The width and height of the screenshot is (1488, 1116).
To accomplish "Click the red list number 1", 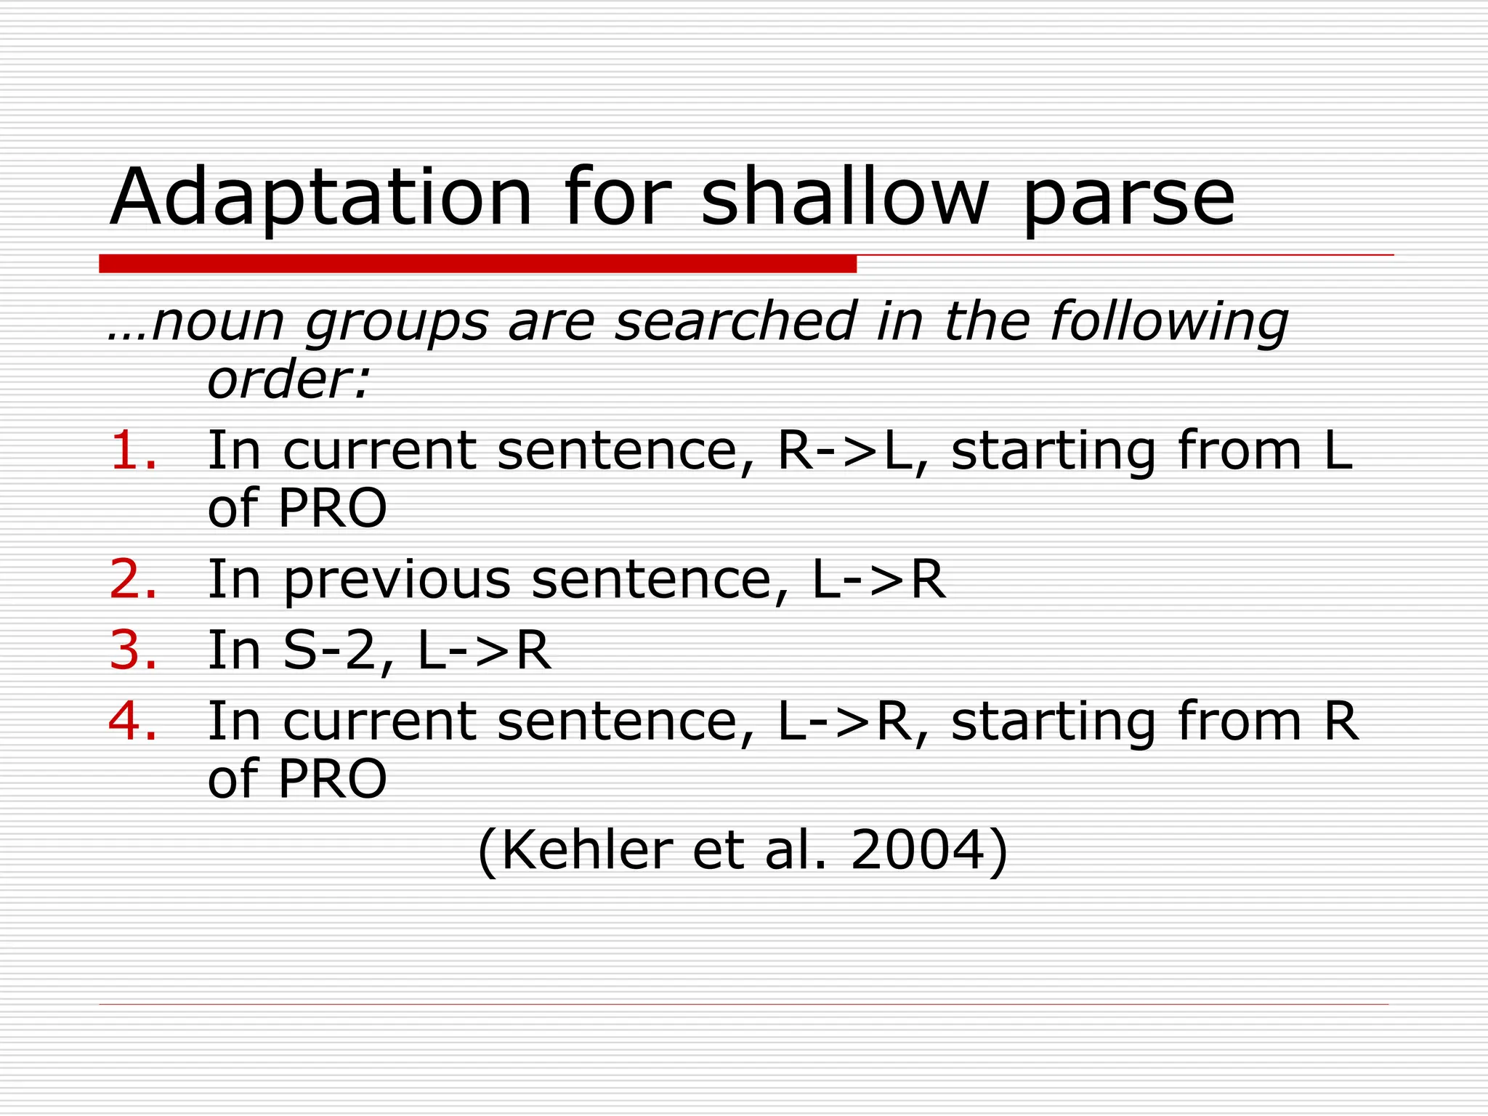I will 133,450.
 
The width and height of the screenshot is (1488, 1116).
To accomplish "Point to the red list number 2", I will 133,579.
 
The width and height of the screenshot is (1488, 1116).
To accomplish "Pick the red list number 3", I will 133,650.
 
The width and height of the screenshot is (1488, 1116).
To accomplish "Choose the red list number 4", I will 133,721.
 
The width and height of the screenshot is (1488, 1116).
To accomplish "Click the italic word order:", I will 289,379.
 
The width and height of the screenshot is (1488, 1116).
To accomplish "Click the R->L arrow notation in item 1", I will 844,450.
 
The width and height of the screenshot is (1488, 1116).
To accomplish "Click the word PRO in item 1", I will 332,508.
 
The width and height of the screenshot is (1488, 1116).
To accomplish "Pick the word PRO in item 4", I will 332,778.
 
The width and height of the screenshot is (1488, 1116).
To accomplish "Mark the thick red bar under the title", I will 477,264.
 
